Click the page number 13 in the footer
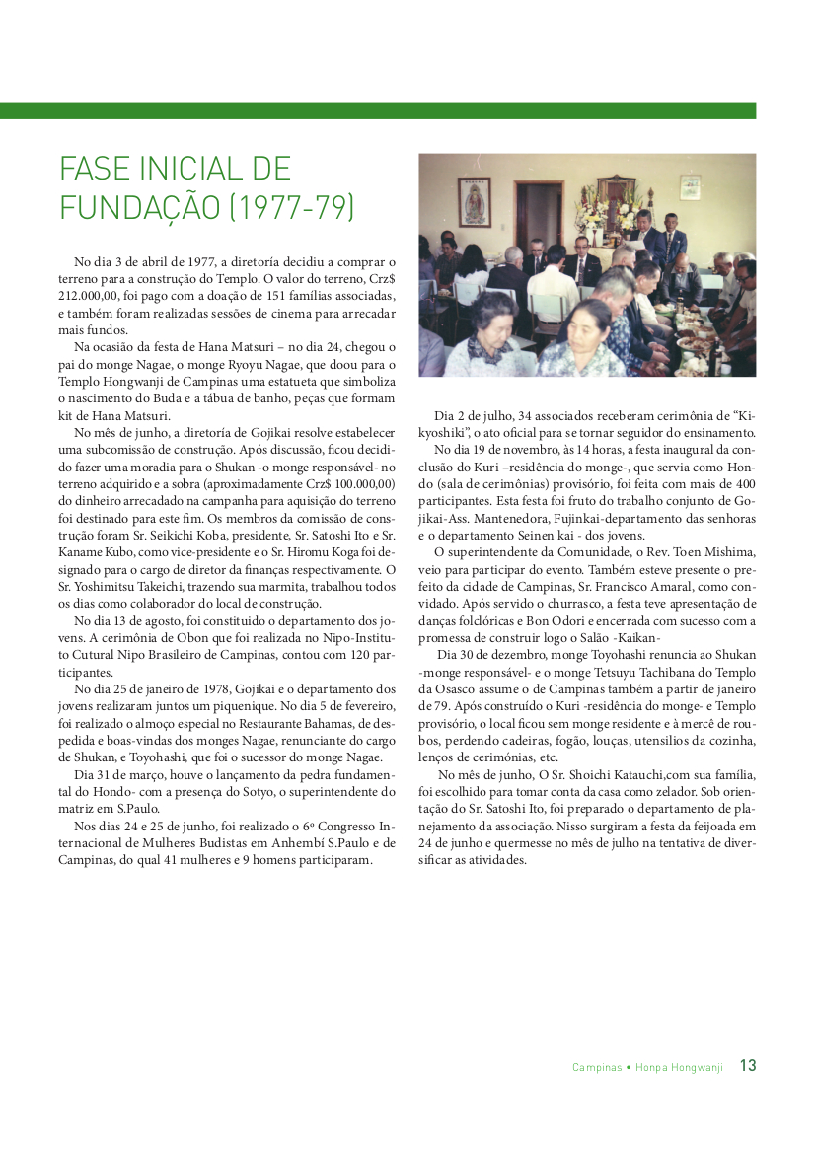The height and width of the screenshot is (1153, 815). point(748,1066)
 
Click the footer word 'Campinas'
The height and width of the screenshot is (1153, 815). point(597,1067)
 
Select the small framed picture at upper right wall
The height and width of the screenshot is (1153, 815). point(690,187)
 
